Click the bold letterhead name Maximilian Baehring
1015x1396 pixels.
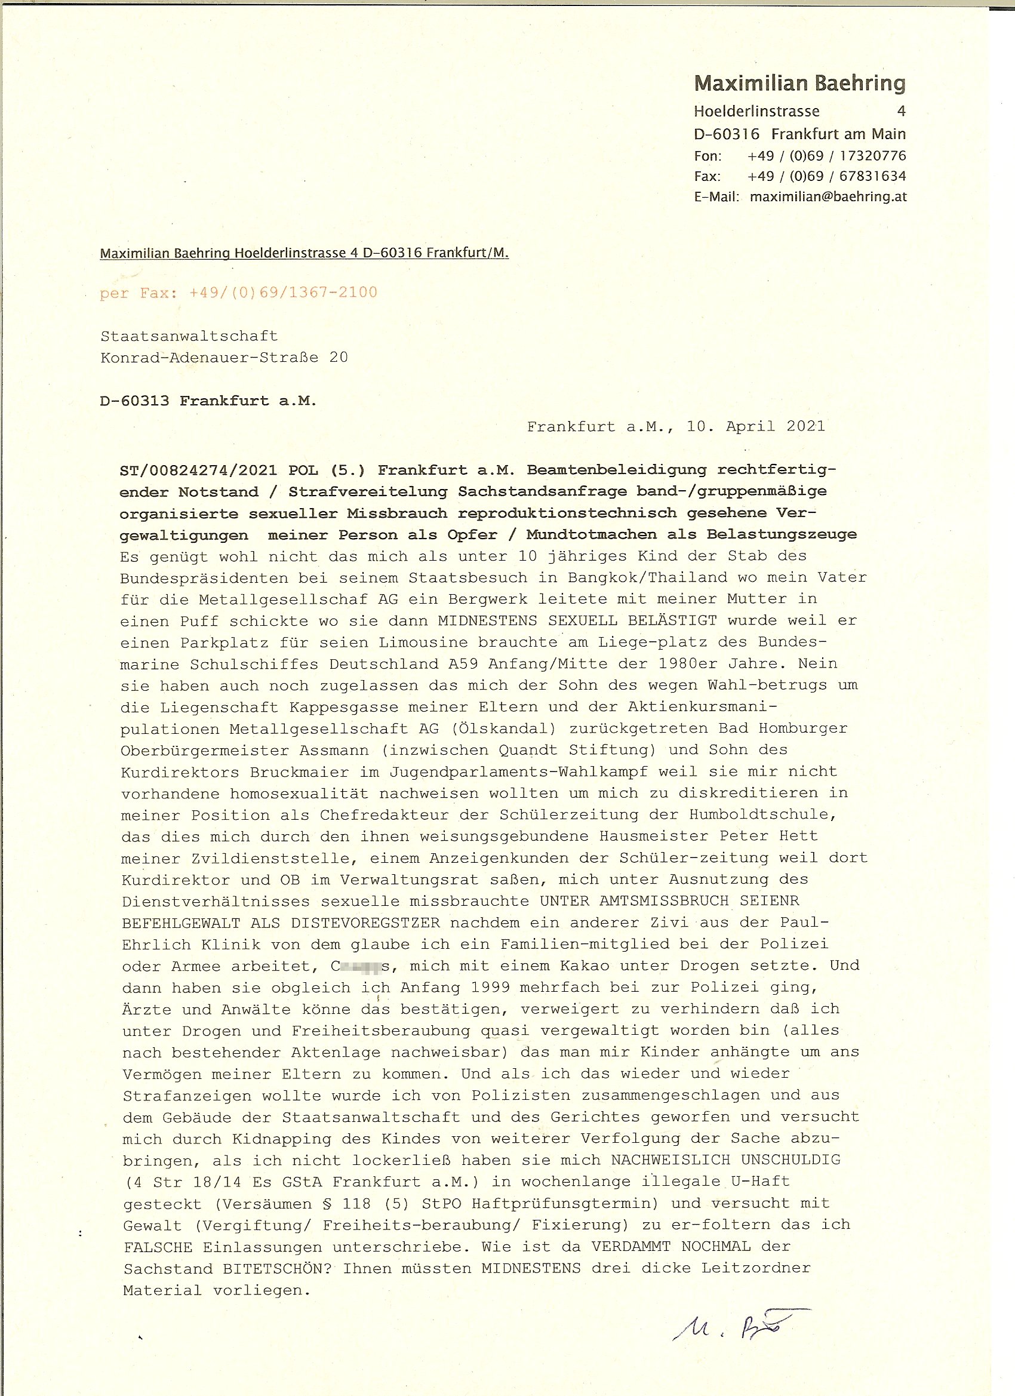[x=799, y=83]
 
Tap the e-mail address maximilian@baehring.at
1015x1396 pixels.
[x=828, y=197]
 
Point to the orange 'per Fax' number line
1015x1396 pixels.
[x=238, y=293]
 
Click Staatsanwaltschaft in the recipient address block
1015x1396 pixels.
[x=189, y=336]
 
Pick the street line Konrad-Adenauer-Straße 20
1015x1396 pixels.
[x=224, y=358]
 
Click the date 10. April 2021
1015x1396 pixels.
[x=756, y=426]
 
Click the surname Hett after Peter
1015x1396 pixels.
[x=799, y=837]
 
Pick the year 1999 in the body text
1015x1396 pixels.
[x=489, y=988]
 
